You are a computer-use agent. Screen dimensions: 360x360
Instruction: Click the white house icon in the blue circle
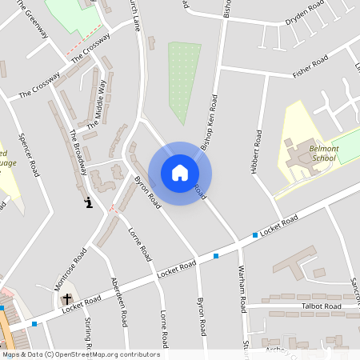coord(179,173)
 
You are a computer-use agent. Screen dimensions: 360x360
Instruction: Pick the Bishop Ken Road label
coord(210,123)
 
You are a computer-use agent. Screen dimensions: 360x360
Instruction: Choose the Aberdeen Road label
coord(119,301)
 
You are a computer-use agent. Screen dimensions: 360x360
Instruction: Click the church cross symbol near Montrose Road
coord(67,299)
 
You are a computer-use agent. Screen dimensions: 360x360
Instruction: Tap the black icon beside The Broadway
coord(89,202)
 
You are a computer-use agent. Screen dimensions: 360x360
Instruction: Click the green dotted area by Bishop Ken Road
coord(184,80)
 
